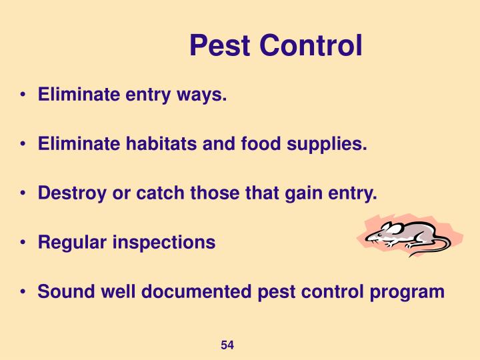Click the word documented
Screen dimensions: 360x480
pyautogui.click(x=204, y=291)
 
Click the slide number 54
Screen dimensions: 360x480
pyautogui.click(x=227, y=345)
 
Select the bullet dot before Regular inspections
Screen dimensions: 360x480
pyautogui.click(x=23, y=243)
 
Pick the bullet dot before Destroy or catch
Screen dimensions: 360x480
pyautogui.click(x=23, y=194)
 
